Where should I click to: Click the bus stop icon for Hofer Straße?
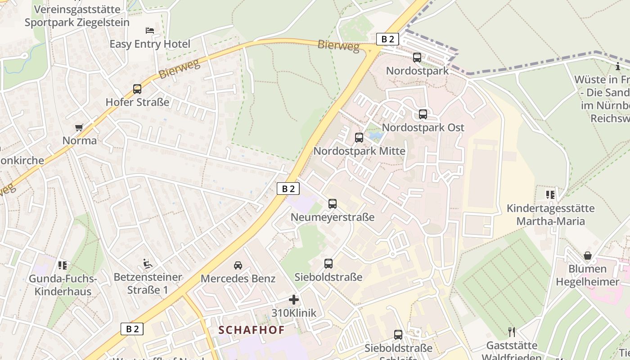137,89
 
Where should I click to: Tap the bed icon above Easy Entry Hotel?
150,31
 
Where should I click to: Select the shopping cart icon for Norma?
79,128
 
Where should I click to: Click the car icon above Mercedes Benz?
238,265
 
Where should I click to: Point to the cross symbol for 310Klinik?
294,300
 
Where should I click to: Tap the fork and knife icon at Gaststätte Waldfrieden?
511,332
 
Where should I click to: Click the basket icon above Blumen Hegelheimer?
588,256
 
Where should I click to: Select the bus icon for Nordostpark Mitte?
359,138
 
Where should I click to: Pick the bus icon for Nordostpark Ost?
423,114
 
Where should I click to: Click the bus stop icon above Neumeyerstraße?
333,204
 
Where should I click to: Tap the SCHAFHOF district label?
252,330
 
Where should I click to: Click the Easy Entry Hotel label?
150,44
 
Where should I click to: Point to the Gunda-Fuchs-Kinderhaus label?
63,285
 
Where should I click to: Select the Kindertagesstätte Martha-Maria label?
550,215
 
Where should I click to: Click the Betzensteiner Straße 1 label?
148,283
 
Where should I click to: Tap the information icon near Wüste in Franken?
618,67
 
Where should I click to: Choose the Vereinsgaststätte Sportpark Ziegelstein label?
77,16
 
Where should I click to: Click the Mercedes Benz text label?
238,279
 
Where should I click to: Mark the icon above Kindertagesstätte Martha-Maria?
550,195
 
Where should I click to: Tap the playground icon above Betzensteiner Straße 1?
147,263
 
